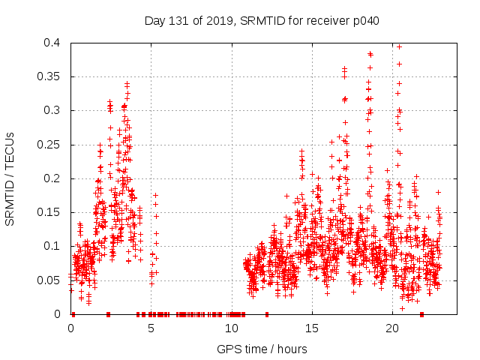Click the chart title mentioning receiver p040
click(x=262, y=20)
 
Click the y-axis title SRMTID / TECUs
click(x=10, y=178)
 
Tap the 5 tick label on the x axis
click(x=151, y=328)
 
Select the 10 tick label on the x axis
click(x=231, y=328)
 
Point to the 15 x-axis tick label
click(x=312, y=328)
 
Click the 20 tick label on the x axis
click(x=392, y=328)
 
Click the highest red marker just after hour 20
click(x=399, y=46)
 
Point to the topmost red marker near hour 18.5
click(x=370, y=53)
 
